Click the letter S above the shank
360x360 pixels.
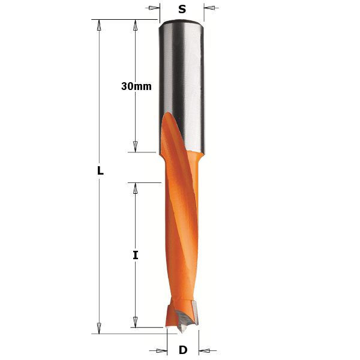click(182, 9)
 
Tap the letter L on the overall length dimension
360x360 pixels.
click(100, 171)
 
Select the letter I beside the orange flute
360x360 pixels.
click(136, 255)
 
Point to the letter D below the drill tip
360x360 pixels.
click(183, 350)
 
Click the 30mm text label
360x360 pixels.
click(136, 86)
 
